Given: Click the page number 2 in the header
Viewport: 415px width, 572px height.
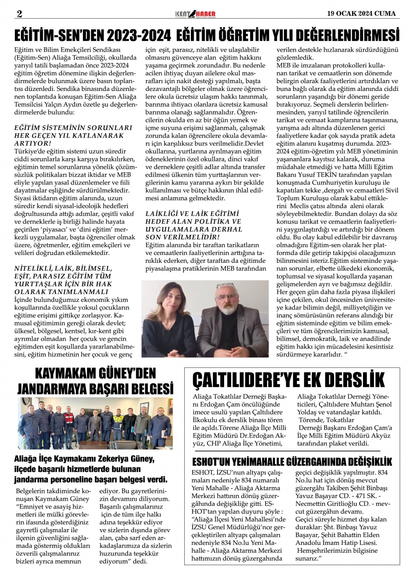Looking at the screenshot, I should coord(19,14).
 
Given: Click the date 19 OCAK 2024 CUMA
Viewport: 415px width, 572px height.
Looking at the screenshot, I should coord(362,14).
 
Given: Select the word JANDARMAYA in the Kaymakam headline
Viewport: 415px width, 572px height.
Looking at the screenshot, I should coord(59,388).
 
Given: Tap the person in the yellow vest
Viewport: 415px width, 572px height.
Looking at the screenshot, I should coord(118,423).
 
